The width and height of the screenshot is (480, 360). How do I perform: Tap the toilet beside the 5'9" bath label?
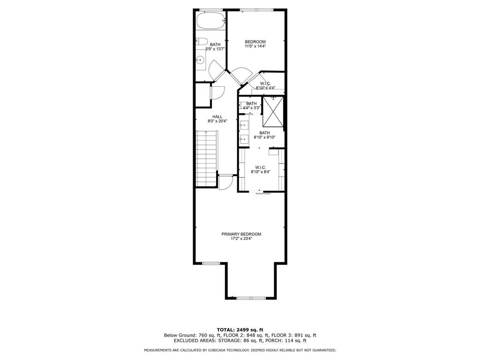pyautogui.click(x=200, y=41)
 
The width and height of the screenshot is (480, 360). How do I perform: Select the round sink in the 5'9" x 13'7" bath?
pyautogui.click(x=200, y=60)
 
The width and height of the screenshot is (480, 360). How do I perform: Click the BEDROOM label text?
pyautogui.click(x=255, y=42)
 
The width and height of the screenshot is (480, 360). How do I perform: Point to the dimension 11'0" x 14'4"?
pyautogui.click(x=255, y=46)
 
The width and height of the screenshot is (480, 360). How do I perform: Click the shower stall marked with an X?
pyautogui.click(x=273, y=112)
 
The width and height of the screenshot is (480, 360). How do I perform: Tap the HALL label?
pyautogui.click(x=217, y=117)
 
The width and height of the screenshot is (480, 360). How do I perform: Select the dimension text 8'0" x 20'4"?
pyautogui.click(x=217, y=121)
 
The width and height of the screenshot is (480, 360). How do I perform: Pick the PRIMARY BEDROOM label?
pyautogui.click(x=241, y=234)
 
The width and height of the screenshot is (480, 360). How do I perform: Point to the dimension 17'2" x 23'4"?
pyautogui.click(x=241, y=239)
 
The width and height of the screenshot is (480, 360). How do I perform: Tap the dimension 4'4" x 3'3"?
pyautogui.click(x=252, y=108)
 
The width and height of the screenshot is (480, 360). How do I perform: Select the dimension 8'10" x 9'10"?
pyautogui.click(x=265, y=137)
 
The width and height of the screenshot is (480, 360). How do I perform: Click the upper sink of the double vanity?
pyautogui.click(x=244, y=125)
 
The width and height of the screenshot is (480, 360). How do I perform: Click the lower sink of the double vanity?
pyautogui.click(x=244, y=139)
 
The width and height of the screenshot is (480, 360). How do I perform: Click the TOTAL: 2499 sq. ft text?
pyautogui.click(x=240, y=330)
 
